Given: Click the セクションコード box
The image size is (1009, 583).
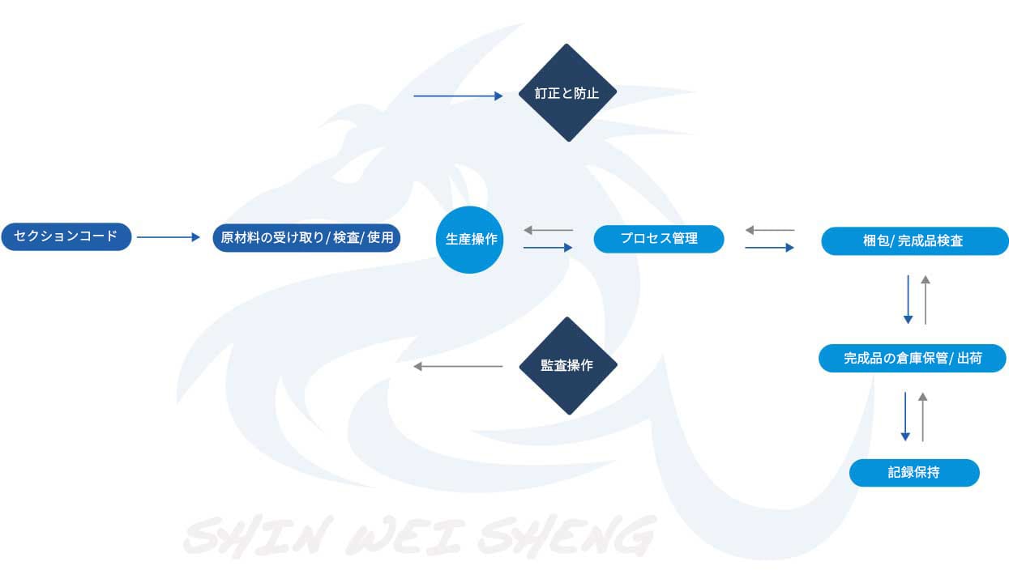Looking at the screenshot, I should click(66, 237).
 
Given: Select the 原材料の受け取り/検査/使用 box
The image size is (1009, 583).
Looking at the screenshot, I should click(306, 238).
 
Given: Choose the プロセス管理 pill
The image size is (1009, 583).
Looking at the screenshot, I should click(658, 239).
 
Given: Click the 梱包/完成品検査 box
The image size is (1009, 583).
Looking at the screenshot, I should click(914, 241).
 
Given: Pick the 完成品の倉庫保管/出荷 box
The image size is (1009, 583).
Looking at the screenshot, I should click(912, 358).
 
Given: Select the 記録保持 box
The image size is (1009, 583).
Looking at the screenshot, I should click(913, 473).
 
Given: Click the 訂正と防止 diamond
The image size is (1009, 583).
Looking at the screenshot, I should click(567, 92).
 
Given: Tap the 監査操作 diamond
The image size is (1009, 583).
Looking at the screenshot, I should click(567, 365).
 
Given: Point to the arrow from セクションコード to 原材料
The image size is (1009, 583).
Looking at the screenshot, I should click(168, 237).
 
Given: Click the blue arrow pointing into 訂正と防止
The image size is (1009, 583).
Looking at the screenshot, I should click(458, 96).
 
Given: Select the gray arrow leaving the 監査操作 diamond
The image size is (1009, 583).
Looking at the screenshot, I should click(458, 367).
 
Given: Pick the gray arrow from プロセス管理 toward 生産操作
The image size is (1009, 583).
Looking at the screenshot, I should click(549, 231).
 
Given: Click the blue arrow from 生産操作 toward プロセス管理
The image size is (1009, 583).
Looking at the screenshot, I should click(549, 247).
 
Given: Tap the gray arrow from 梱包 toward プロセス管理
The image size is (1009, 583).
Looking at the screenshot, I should click(770, 231).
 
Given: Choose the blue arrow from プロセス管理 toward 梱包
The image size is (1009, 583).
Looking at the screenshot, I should click(770, 247).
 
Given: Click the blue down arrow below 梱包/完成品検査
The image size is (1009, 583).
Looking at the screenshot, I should click(908, 300).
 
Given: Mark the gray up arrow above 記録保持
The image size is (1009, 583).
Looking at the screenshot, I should click(922, 416).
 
